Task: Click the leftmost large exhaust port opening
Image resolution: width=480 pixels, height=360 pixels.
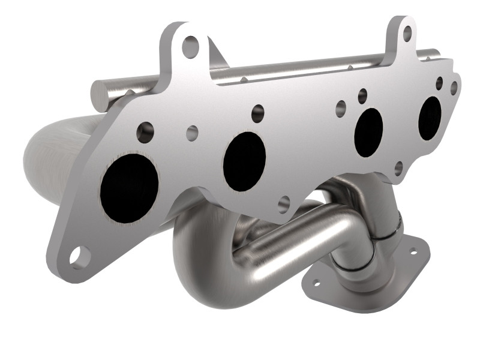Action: (x=129, y=188)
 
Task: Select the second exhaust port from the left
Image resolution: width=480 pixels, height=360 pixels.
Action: (x=244, y=161)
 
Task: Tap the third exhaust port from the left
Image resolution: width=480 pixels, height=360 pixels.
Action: (x=368, y=133)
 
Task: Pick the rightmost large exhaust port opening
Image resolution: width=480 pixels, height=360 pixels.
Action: (x=430, y=118)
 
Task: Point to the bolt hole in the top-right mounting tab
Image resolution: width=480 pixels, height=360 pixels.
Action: (x=407, y=34)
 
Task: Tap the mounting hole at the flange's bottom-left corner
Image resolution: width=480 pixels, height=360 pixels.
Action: (x=78, y=256)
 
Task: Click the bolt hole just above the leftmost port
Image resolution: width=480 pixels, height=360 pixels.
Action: (x=145, y=132)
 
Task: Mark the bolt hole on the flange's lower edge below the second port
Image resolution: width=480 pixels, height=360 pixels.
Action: (x=284, y=204)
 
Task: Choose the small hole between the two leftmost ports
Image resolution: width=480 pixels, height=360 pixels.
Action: (x=192, y=133)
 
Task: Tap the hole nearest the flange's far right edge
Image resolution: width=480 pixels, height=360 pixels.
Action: (x=454, y=88)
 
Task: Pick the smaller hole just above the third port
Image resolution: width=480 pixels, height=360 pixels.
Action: (x=362, y=94)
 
